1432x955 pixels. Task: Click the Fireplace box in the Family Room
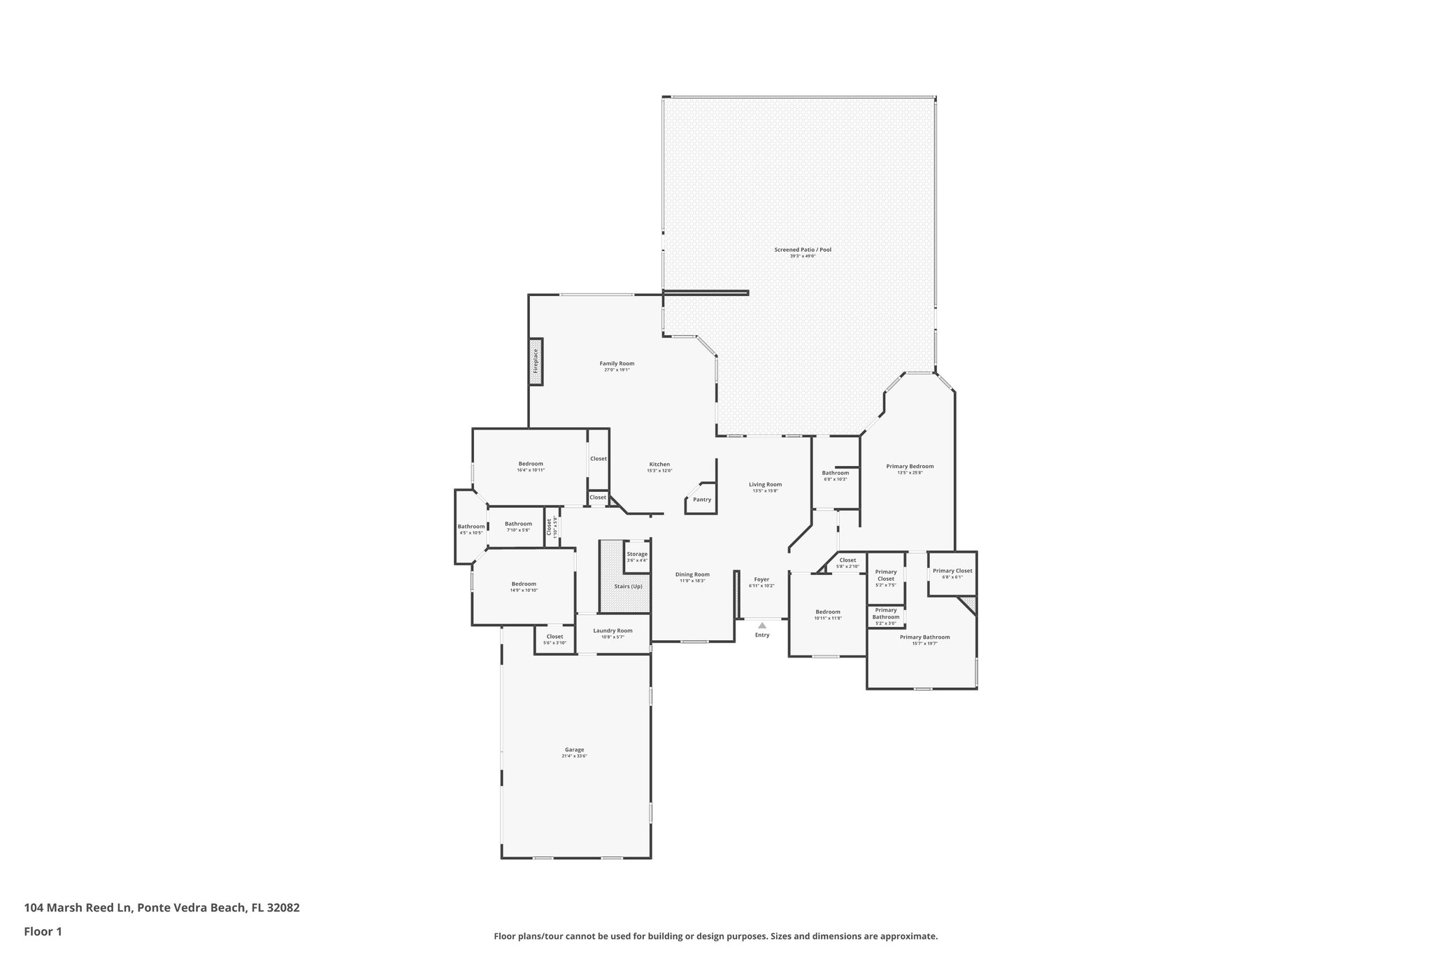pyautogui.click(x=536, y=361)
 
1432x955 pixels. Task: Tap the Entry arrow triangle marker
pyautogui.click(x=762, y=625)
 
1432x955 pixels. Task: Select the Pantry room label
pyautogui.click(x=701, y=500)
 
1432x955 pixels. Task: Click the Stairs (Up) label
pyautogui.click(x=628, y=586)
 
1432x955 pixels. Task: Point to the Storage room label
pyautogui.click(x=637, y=554)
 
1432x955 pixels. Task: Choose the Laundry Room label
pyautogui.click(x=613, y=630)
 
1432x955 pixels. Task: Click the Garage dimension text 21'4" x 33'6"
pyautogui.click(x=574, y=756)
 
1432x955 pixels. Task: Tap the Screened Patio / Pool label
pyautogui.click(x=803, y=250)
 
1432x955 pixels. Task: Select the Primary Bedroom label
pyautogui.click(x=910, y=466)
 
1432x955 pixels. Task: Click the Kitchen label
pyautogui.click(x=659, y=465)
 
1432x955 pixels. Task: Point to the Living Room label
pyautogui.click(x=765, y=484)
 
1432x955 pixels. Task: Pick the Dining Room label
pyautogui.click(x=692, y=574)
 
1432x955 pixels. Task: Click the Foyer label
pyautogui.click(x=761, y=579)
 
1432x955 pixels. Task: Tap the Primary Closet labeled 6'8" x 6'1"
pyautogui.click(x=952, y=571)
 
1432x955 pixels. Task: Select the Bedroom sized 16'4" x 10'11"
pyautogui.click(x=531, y=464)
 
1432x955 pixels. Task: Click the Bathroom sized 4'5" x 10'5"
pyautogui.click(x=471, y=527)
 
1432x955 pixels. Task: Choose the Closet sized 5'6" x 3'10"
pyautogui.click(x=554, y=637)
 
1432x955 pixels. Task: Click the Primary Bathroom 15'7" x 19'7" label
pyautogui.click(x=924, y=637)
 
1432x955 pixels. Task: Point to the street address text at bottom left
pyautogui.click(x=162, y=908)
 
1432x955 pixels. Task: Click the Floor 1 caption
pyautogui.click(x=43, y=932)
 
